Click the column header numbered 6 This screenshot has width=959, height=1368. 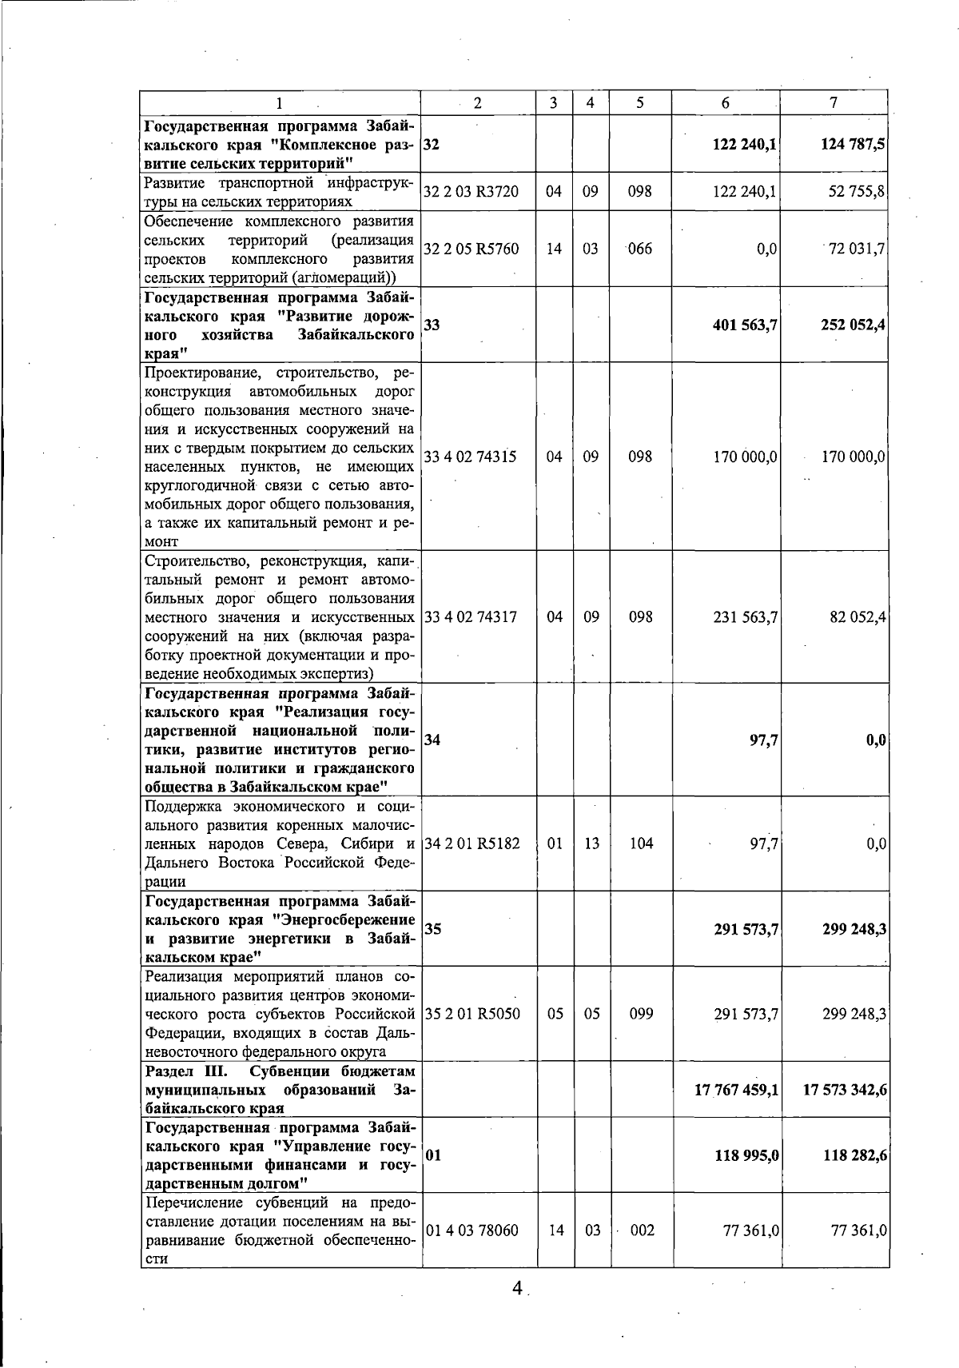725,102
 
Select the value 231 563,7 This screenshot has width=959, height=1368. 745,616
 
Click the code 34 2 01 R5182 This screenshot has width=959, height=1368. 472,844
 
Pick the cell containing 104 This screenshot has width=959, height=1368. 641,844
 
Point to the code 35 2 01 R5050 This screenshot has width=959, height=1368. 472,1014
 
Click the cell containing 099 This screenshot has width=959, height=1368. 641,1014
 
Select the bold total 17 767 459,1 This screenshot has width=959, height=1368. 737,1090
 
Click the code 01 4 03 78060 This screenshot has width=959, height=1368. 472,1230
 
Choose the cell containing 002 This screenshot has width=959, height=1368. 642,1230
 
